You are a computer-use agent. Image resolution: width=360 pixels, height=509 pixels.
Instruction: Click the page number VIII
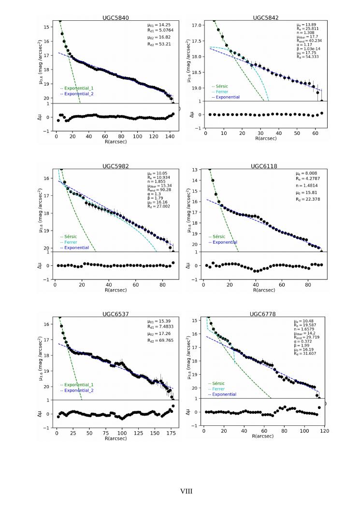(187, 491)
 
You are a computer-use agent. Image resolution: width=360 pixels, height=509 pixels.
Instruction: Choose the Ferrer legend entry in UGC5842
(222, 92)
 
